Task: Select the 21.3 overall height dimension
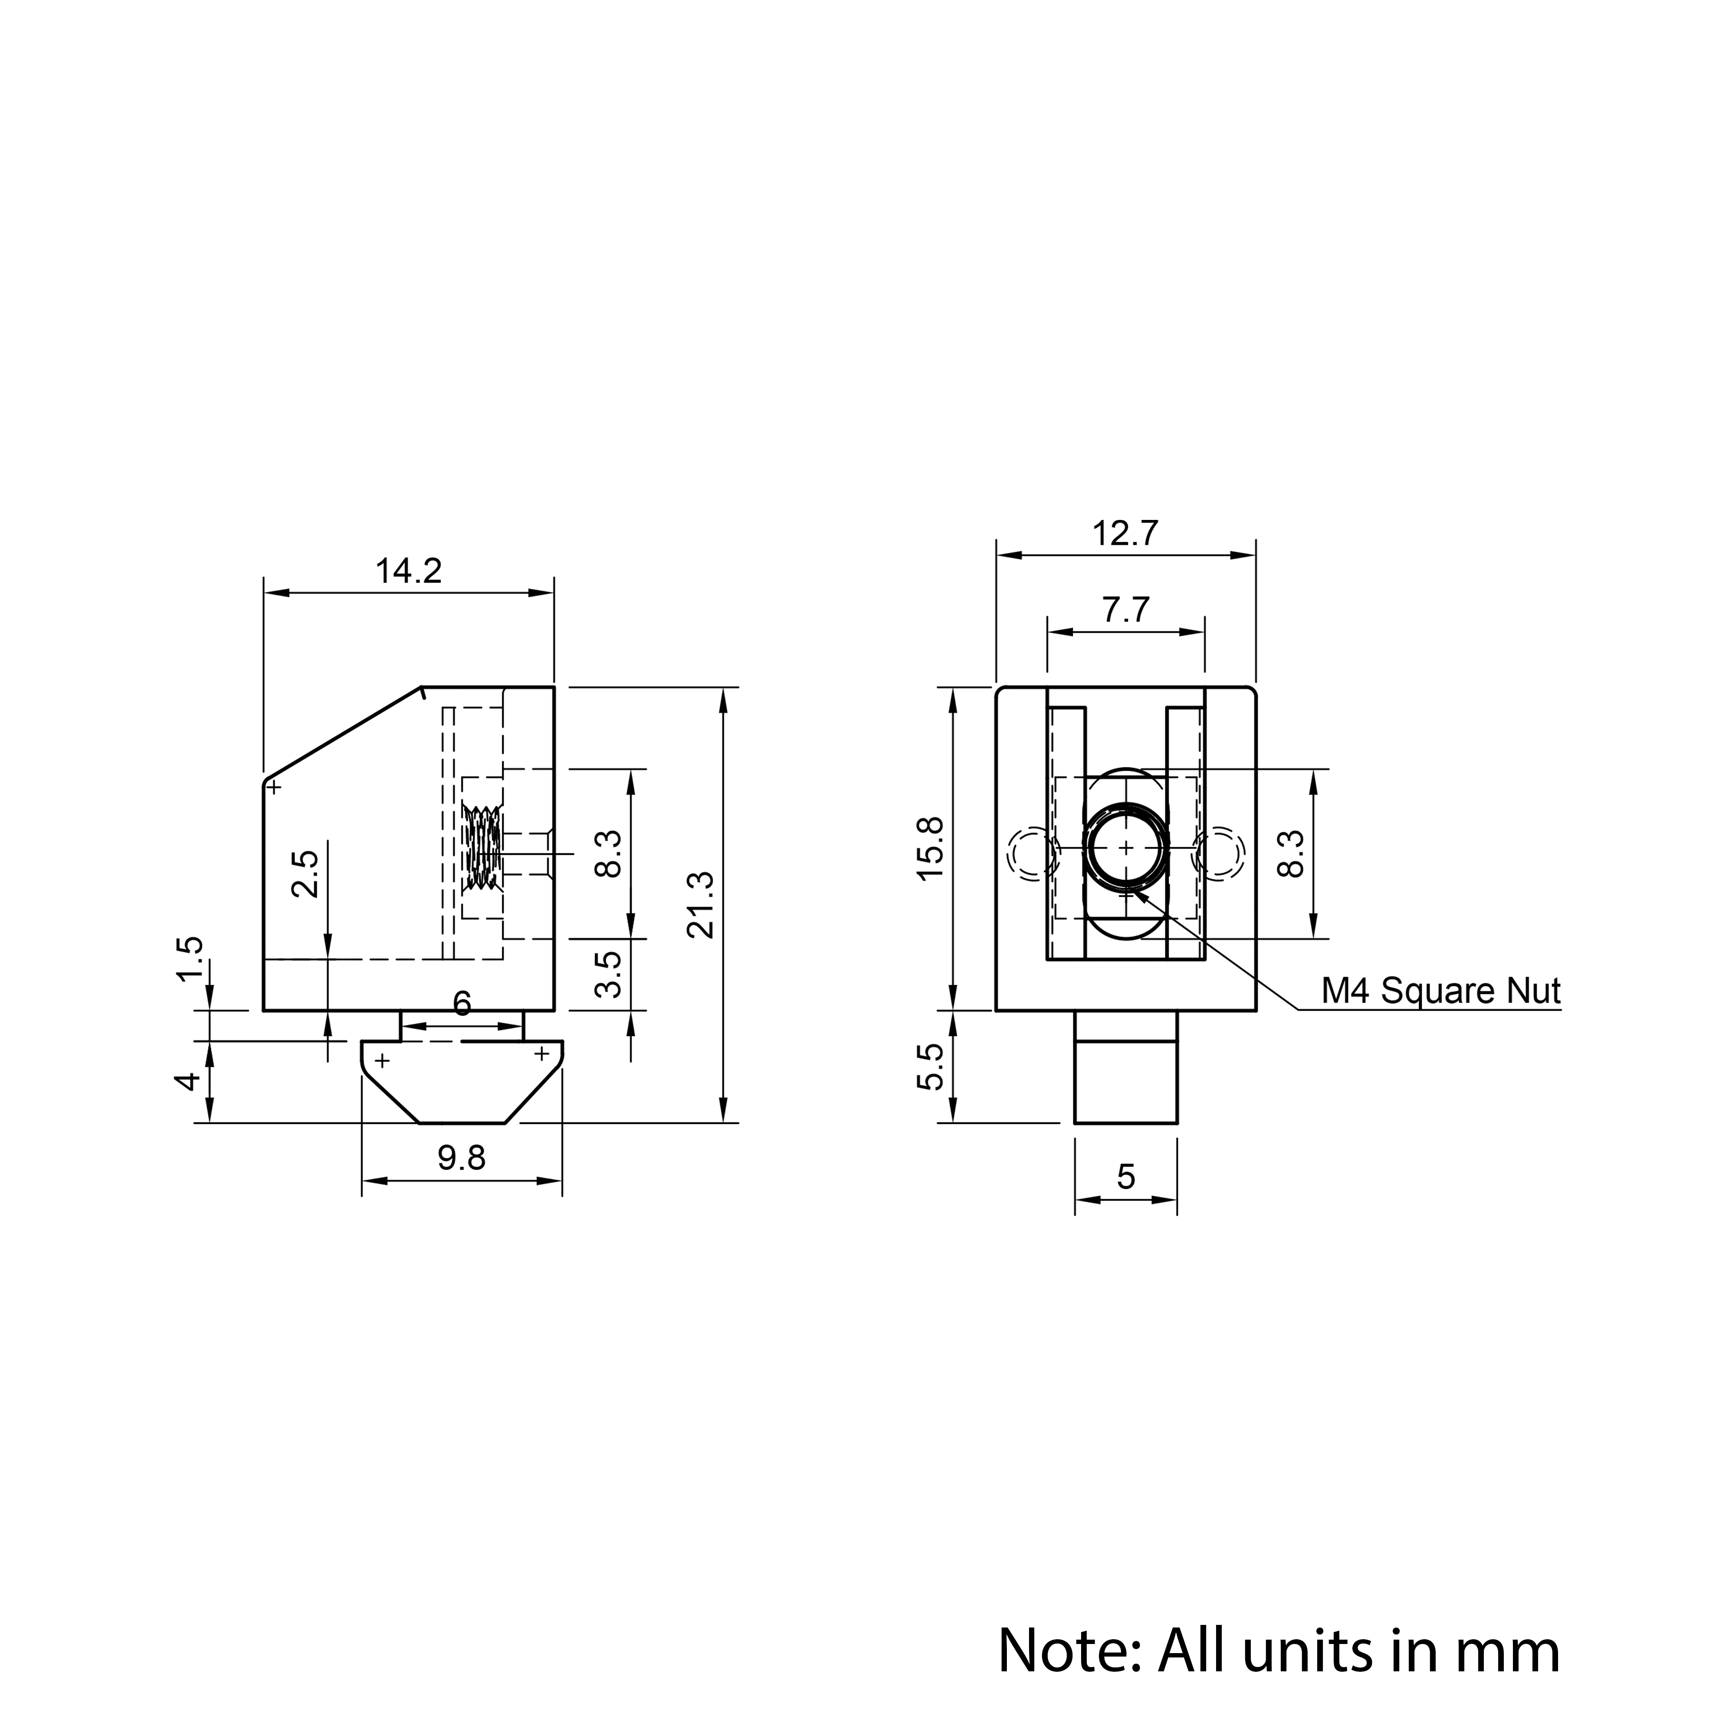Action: [700, 905]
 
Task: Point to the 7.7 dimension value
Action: [1126, 610]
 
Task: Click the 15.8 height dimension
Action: [931, 848]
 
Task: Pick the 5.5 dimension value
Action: [931, 1067]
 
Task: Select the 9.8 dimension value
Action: [462, 1158]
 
